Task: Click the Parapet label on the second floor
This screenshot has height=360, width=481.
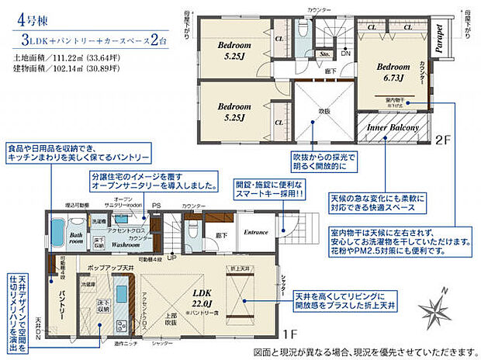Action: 438,37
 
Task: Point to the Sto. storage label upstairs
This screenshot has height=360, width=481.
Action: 326,54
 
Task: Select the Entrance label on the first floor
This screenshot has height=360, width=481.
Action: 257,232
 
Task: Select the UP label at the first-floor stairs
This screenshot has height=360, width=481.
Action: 172,258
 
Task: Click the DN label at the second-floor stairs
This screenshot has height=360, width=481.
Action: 345,53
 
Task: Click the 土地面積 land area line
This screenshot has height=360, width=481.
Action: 62,57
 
